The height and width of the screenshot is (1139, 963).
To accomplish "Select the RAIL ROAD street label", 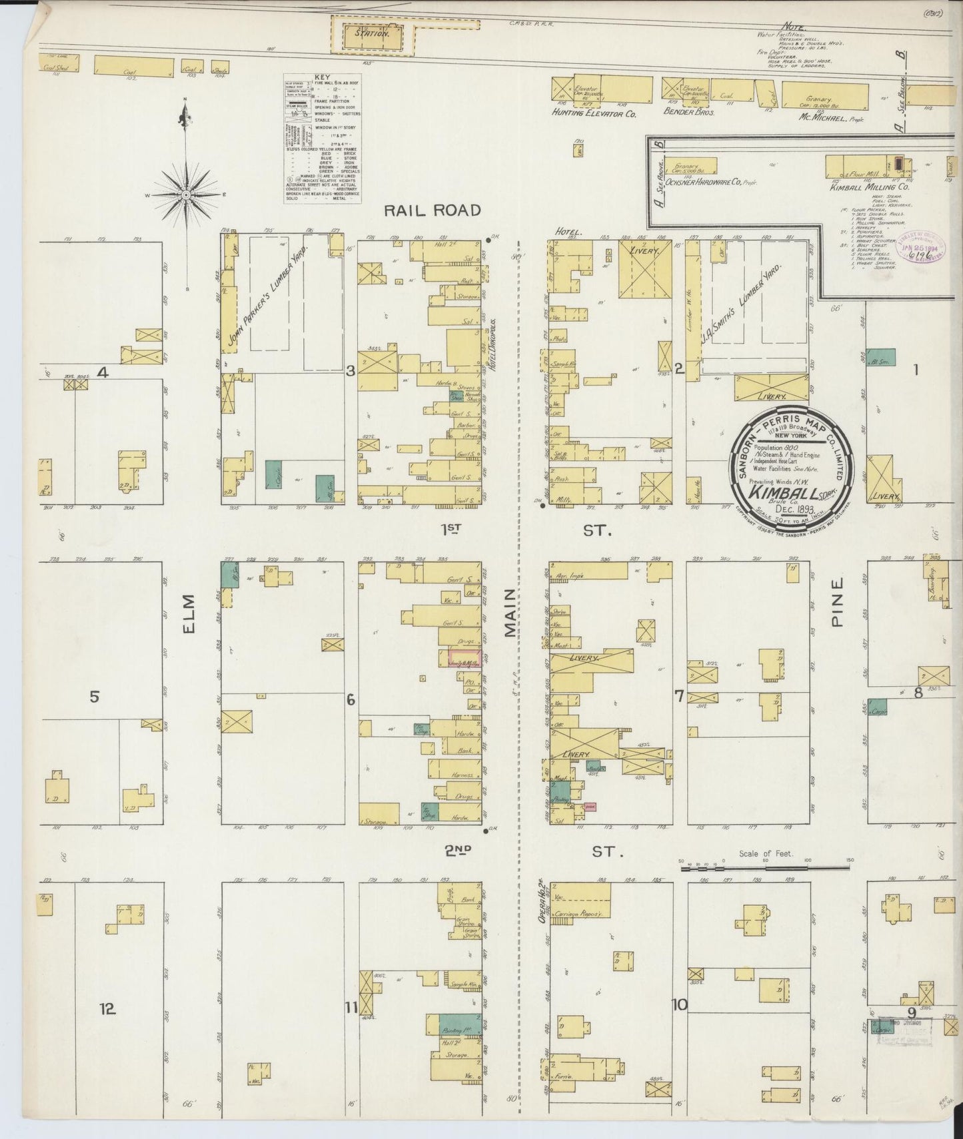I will point(433,210).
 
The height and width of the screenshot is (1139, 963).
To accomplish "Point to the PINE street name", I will point(837,601).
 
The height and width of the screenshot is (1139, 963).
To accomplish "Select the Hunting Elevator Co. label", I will point(594,114).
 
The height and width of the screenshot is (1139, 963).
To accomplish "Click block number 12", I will point(108,1008).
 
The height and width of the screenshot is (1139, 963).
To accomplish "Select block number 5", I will point(95,697).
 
